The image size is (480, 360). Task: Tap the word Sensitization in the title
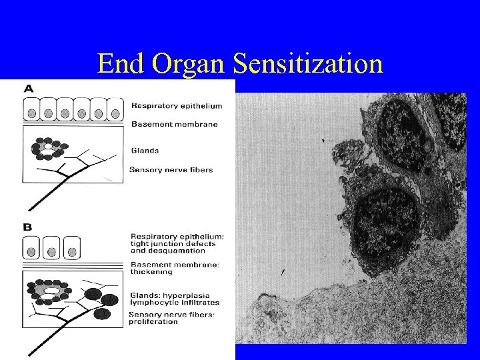pos(307,64)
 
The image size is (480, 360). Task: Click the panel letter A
pos(29,87)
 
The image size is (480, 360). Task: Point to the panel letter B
pos(28,227)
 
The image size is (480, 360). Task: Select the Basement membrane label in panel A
pos(174,124)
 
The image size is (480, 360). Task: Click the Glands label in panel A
pos(145,151)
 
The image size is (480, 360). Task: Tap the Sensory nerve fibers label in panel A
pos(171,169)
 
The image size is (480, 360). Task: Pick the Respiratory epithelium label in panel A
pos(177,105)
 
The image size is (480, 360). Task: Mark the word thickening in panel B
pos(151,272)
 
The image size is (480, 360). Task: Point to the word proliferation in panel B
pos(155,321)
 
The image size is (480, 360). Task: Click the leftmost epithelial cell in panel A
pos(31,109)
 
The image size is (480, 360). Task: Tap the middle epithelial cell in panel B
pos(51,247)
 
